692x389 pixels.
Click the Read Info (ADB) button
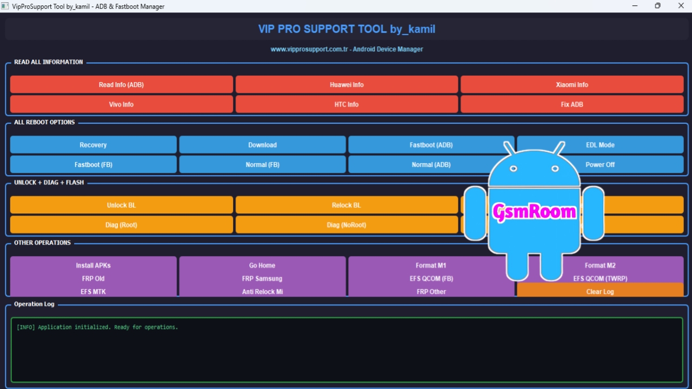(121, 84)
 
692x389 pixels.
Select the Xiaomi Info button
(571, 84)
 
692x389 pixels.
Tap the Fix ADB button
(571, 104)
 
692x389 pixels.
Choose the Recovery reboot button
(93, 145)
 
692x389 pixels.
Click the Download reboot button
(262, 145)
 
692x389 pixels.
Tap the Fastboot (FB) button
(93, 164)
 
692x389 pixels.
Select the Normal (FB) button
(262, 164)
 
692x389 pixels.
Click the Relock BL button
(346, 205)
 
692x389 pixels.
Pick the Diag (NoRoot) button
(346, 225)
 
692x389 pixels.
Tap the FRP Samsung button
(262, 278)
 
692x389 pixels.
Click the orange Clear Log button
(600, 291)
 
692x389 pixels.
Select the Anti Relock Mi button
(262, 291)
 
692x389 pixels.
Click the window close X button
(681, 6)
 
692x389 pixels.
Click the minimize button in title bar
(634, 6)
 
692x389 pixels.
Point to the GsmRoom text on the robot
(534, 211)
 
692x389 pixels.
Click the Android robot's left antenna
(509, 147)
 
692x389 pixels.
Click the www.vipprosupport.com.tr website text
(309, 49)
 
